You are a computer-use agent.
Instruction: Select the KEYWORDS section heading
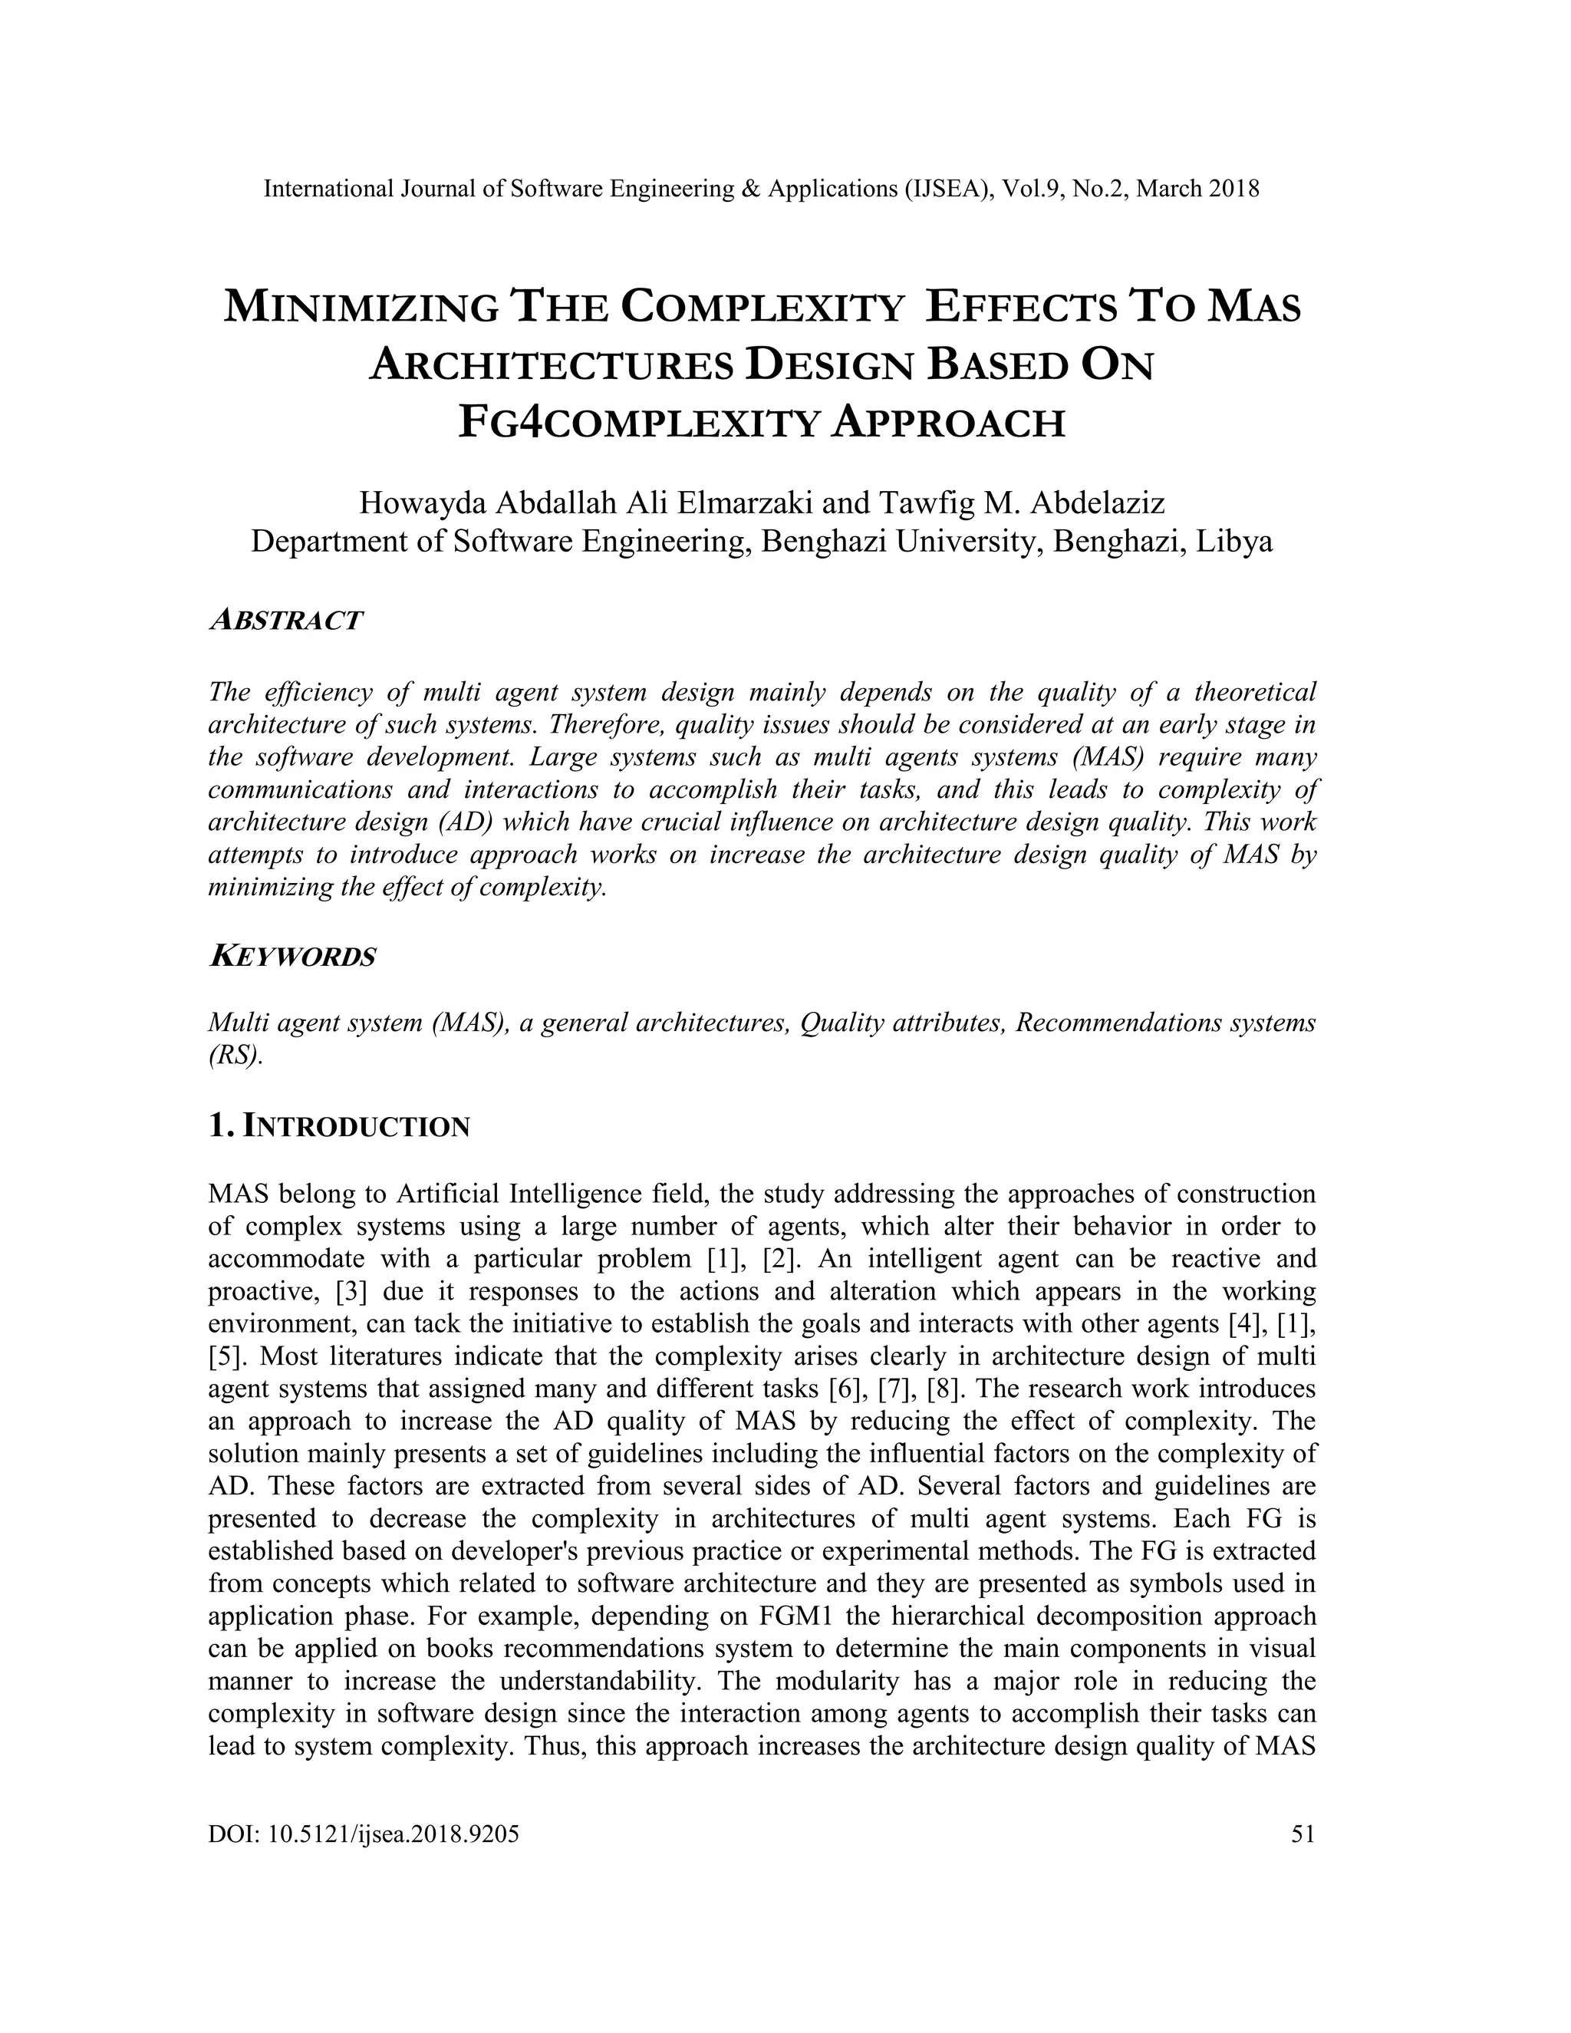(292, 956)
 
